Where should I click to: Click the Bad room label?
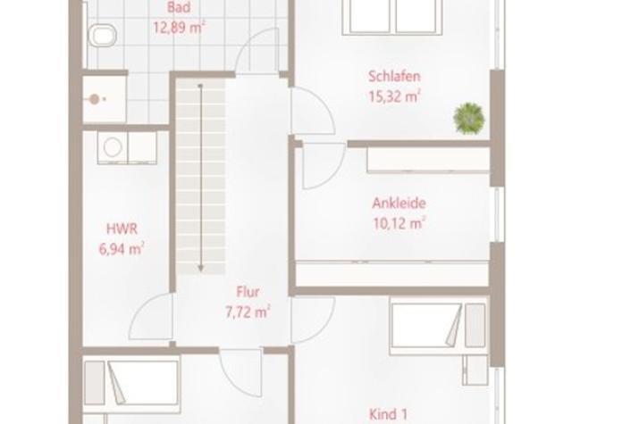point(179,7)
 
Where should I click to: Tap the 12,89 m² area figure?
point(179,28)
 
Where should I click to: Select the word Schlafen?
point(394,76)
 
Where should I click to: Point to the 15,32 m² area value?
point(394,96)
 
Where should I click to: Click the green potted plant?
point(469,118)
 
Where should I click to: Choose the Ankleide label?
point(399,203)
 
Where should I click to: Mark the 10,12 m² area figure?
point(399,223)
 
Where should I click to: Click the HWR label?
point(122,229)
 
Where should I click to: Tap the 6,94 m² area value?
point(122,249)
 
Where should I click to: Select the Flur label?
point(248,292)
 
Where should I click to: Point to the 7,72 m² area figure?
point(248,312)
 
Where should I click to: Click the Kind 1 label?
point(388,414)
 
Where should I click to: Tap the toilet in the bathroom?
point(102,35)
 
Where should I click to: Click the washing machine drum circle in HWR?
point(113,147)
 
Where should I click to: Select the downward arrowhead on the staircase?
point(200,269)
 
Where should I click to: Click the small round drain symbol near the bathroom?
point(95,99)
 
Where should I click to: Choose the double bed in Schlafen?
point(391,18)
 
